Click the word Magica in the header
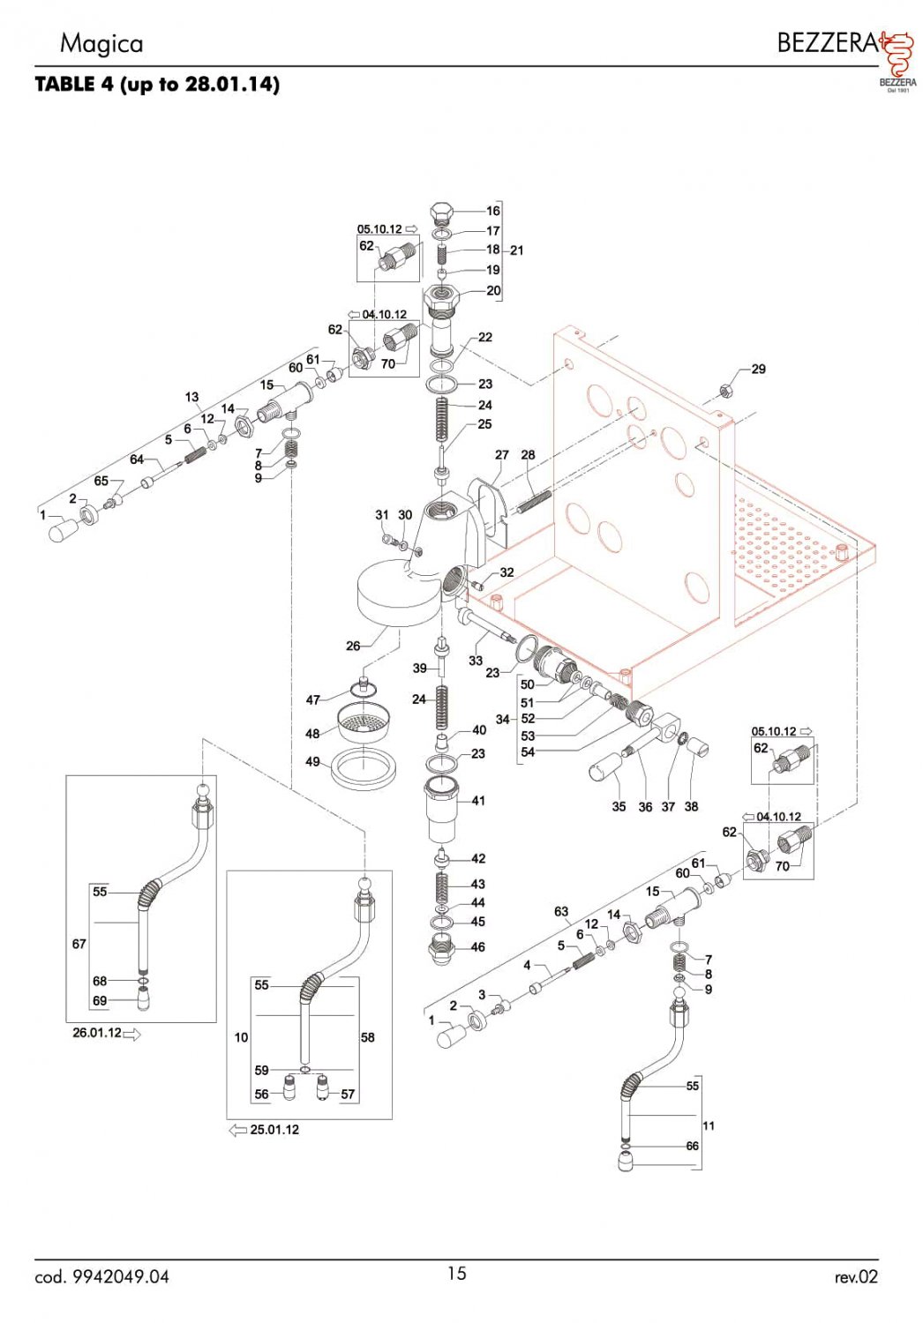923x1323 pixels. coord(101,43)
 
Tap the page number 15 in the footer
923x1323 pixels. coord(456,1273)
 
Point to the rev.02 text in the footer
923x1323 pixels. coord(856,1276)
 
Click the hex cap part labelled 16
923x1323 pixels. coord(442,213)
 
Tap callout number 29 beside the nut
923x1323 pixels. coord(759,369)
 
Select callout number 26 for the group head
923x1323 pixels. coord(353,646)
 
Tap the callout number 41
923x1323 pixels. coord(478,801)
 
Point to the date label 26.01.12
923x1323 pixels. coord(97,1033)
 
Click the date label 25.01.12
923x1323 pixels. coord(274,1130)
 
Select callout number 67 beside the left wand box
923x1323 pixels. coord(79,944)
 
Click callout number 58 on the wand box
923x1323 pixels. coord(368,1037)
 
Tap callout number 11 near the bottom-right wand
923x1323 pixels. coord(709,1125)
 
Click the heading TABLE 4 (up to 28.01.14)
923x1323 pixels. coord(157,85)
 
